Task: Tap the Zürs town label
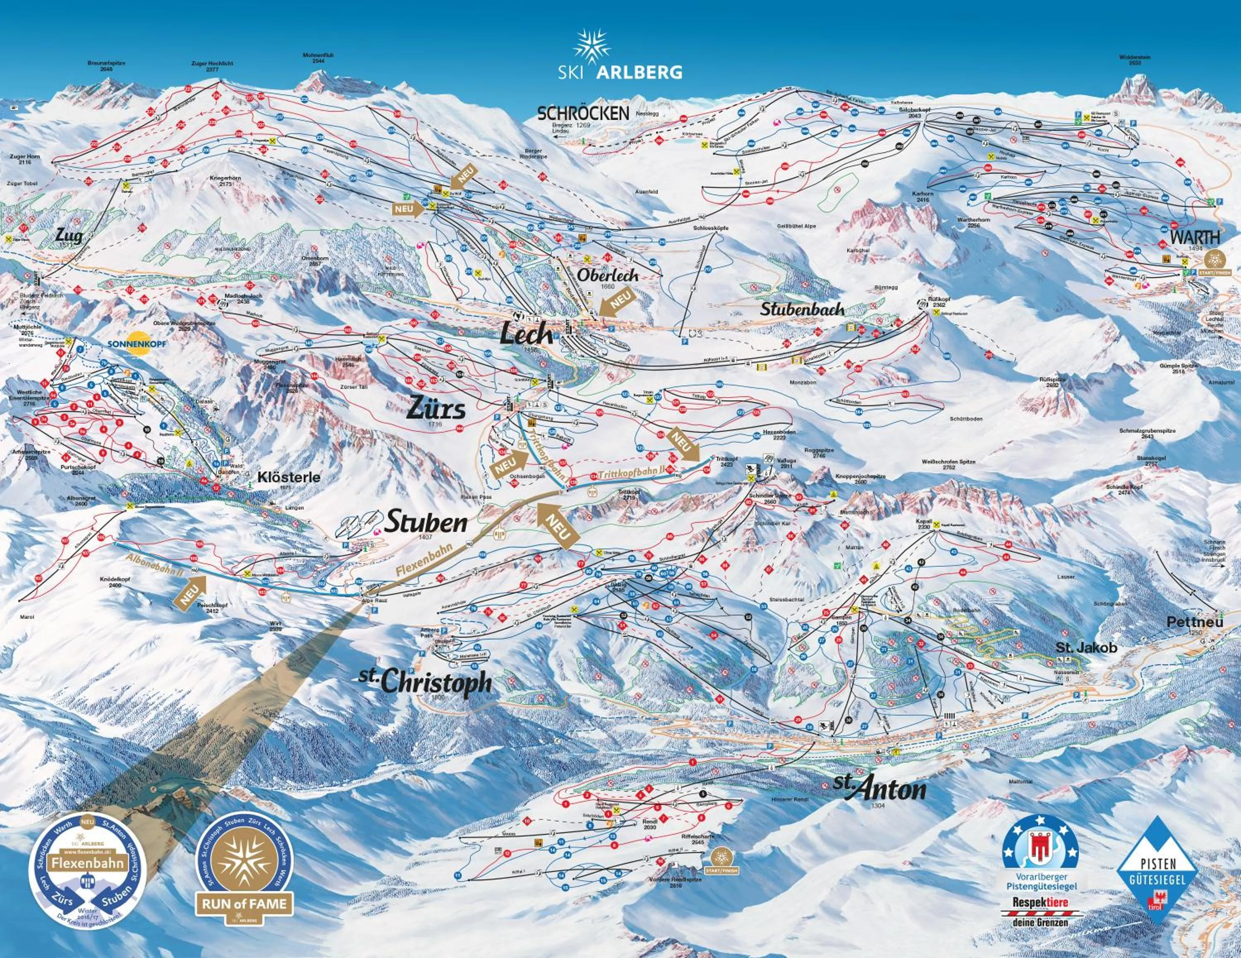(x=436, y=409)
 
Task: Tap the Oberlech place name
(x=607, y=275)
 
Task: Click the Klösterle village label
(x=289, y=477)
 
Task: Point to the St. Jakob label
(x=1086, y=647)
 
